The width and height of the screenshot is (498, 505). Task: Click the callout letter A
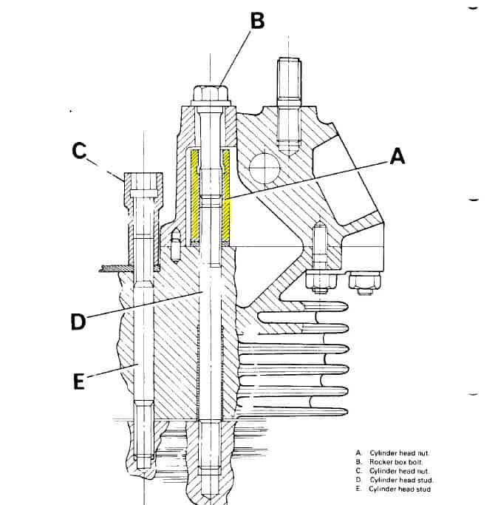click(x=398, y=157)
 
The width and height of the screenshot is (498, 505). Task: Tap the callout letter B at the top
click(x=258, y=21)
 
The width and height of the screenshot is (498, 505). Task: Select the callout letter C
click(x=79, y=150)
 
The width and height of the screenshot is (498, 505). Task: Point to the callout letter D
click(x=78, y=322)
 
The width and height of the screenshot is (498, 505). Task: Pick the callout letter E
click(x=79, y=382)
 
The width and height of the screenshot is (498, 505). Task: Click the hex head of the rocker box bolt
click(x=211, y=92)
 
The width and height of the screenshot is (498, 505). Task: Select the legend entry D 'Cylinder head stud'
click(x=394, y=480)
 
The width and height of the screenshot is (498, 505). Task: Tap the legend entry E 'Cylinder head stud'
click(x=393, y=489)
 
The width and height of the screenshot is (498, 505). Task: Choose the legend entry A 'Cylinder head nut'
click(x=392, y=453)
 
